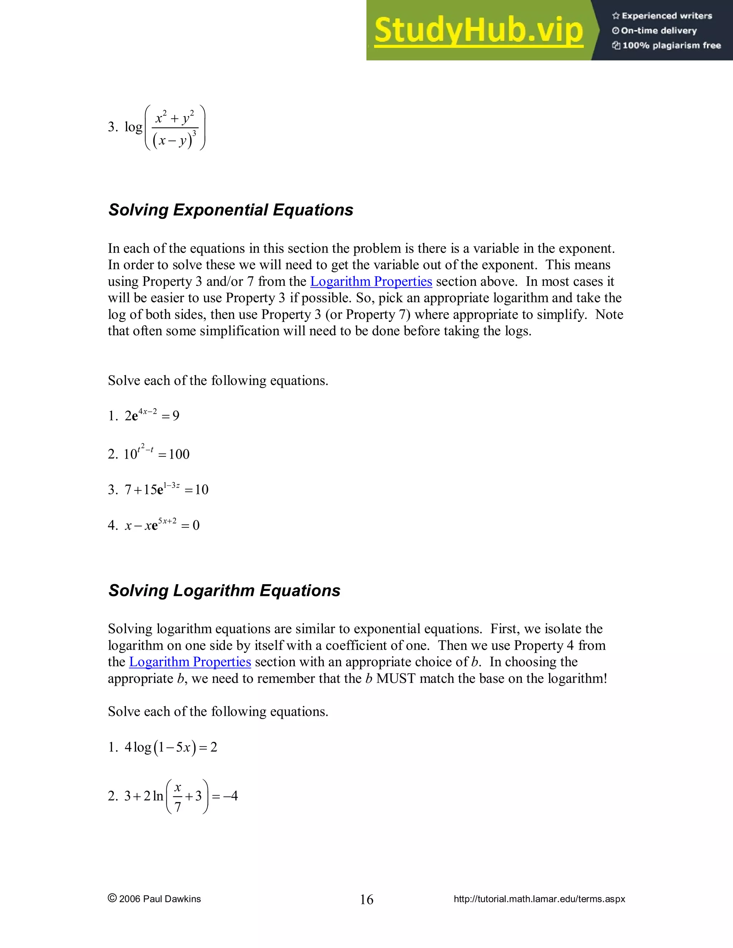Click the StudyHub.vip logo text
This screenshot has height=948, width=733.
(478, 30)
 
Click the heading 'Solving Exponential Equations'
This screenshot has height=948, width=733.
(230, 210)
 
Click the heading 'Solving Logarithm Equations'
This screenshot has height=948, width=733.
(224, 591)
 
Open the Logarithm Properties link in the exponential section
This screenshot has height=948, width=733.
(371, 282)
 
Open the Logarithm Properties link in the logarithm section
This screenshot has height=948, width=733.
(190, 662)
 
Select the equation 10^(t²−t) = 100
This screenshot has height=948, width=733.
(156, 453)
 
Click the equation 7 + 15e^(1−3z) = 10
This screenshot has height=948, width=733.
(166, 489)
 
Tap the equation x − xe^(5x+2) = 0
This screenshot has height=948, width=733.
(162, 525)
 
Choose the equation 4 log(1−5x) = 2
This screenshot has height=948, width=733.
(171, 747)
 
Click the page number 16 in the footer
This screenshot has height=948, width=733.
(366, 899)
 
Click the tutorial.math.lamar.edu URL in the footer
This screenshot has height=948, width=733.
(539, 899)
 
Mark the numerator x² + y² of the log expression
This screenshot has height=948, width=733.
(175, 118)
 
